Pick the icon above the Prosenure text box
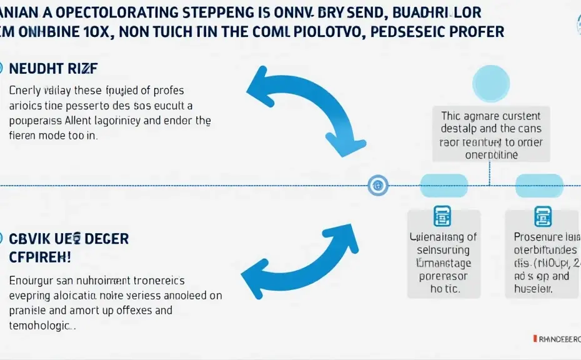[539, 217]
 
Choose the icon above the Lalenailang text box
[442, 216]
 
